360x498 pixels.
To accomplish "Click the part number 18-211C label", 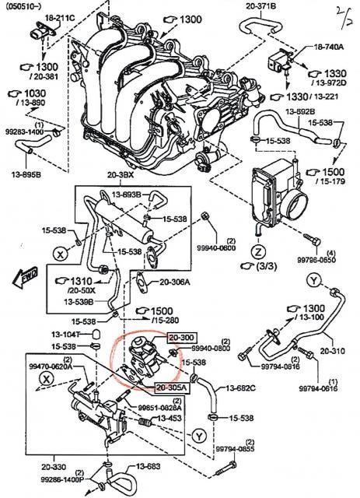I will pyautogui.click(x=44, y=16).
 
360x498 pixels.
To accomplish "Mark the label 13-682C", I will pyautogui.click(x=242, y=387).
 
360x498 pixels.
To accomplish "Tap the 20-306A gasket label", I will pyautogui.click(x=178, y=282).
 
